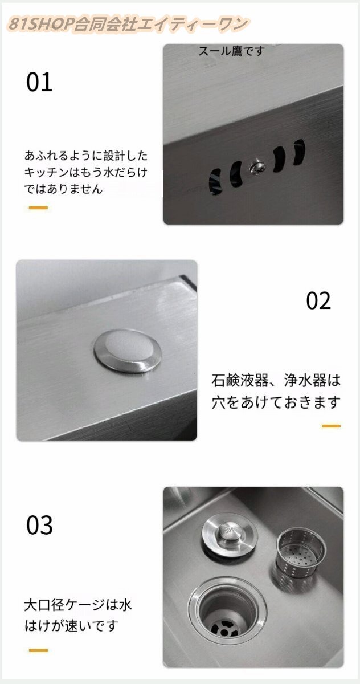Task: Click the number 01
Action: pyautogui.click(x=39, y=82)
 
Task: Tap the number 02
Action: pyautogui.click(x=318, y=300)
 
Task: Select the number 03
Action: pyautogui.click(x=39, y=525)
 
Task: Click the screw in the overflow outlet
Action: pyautogui.click(x=256, y=167)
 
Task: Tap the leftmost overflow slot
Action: pyautogui.click(x=213, y=181)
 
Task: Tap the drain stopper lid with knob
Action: pyautogui.click(x=229, y=534)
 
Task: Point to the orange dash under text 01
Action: pyautogui.click(x=38, y=207)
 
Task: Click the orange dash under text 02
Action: pyautogui.click(x=331, y=426)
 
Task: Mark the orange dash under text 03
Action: pyautogui.click(x=38, y=650)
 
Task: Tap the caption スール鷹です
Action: pyautogui.click(x=232, y=52)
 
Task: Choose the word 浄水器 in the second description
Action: pyautogui.click(x=300, y=380)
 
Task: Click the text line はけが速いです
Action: pyautogui.click(x=71, y=626)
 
